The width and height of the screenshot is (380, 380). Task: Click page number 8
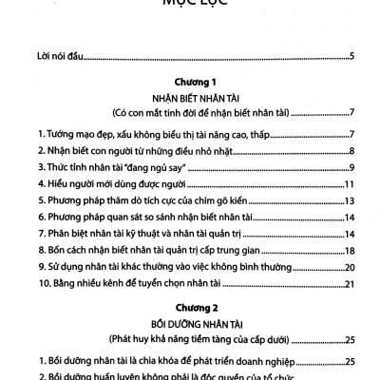click(x=351, y=150)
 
